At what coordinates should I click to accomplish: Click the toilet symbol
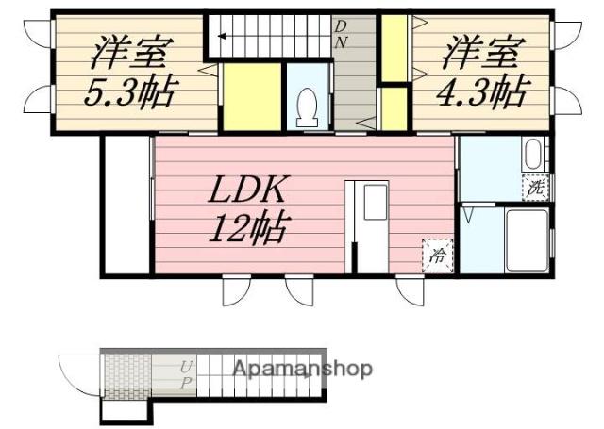307,107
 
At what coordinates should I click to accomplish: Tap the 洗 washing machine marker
535,188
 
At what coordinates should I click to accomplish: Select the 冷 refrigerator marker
439,254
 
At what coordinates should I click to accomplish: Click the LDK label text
246,191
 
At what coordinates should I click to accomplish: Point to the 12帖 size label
249,228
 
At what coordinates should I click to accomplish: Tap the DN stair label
342,34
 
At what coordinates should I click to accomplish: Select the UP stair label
186,373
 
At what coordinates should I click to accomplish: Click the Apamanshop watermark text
303,369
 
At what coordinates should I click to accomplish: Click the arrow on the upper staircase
225,37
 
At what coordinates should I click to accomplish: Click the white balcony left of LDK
126,205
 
